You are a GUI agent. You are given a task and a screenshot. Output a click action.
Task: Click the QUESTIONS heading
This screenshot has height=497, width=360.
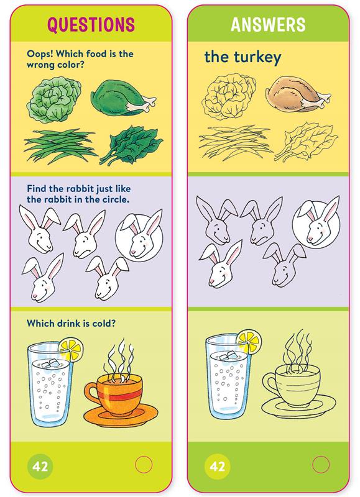[91, 25]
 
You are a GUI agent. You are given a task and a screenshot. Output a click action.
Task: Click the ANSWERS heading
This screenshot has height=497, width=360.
[268, 24]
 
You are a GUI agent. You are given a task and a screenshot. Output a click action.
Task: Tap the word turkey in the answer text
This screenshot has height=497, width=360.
[257, 58]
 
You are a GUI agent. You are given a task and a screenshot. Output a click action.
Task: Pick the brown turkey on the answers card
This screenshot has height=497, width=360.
[298, 94]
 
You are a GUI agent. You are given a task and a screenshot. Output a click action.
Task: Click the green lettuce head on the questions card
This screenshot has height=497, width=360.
[53, 100]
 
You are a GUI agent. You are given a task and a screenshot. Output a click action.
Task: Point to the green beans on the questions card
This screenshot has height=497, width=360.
[60, 146]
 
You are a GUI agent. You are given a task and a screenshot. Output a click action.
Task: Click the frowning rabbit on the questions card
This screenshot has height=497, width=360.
[84, 235]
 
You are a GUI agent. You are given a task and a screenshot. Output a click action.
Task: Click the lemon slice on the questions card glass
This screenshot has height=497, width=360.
[72, 349]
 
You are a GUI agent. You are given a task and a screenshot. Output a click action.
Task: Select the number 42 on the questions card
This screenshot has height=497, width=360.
[40, 467]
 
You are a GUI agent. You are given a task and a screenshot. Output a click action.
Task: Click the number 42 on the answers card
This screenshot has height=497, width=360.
[217, 467]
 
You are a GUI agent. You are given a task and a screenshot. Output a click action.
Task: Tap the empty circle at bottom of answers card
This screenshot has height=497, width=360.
[321, 465]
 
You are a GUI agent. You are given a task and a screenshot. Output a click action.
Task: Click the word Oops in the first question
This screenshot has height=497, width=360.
[40, 54]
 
